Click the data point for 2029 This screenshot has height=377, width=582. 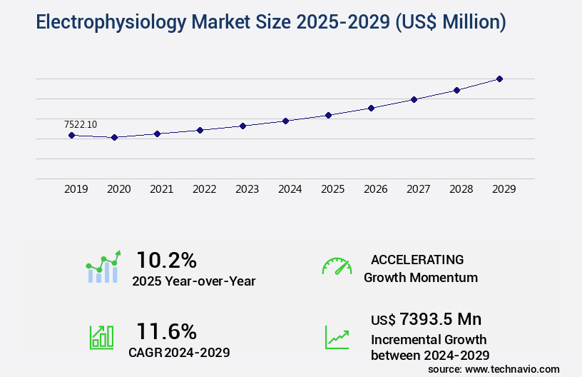pyautogui.click(x=499, y=79)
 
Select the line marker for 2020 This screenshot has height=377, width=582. pyautogui.click(x=114, y=137)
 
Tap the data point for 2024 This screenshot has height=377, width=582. pyautogui.click(x=285, y=121)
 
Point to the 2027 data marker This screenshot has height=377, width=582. pyautogui.click(x=414, y=99)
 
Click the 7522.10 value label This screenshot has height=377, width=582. pyautogui.click(x=80, y=124)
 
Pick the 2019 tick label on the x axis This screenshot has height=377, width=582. pyautogui.click(x=76, y=189)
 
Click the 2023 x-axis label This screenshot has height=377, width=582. pyautogui.click(x=247, y=189)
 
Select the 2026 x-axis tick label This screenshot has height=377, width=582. pyautogui.click(x=375, y=189)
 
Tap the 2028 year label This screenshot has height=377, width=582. pyautogui.click(x=461, y=189)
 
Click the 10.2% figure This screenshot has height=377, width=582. pyautogui.click(x=166, y=259)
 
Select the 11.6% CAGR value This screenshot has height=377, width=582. pyautogui.click(x=166, y=331)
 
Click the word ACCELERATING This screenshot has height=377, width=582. pyautogui.click(x=417, y=259)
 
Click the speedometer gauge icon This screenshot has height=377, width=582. pyautogui.click(x=337, y=266)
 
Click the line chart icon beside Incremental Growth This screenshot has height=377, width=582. pyautogui.click(x=337, y=337)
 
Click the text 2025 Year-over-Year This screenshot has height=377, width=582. pyautogui.click(x=193, y=281)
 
